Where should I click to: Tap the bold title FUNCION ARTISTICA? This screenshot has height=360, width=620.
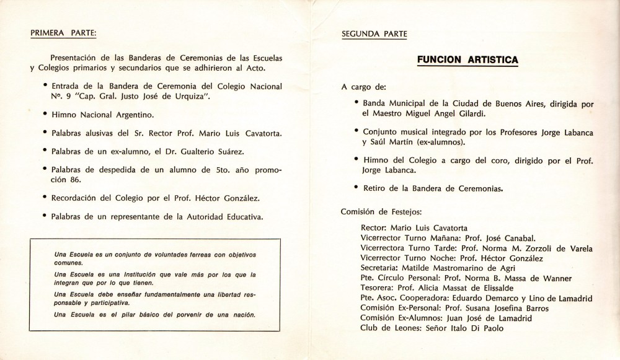(468, 59)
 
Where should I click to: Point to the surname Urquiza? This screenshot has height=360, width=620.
(190, 97)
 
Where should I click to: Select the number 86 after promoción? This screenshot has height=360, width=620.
(66, 180)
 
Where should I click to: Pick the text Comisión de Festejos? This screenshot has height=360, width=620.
(381, 211)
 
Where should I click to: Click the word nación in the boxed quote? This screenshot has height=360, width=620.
(243, 315)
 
